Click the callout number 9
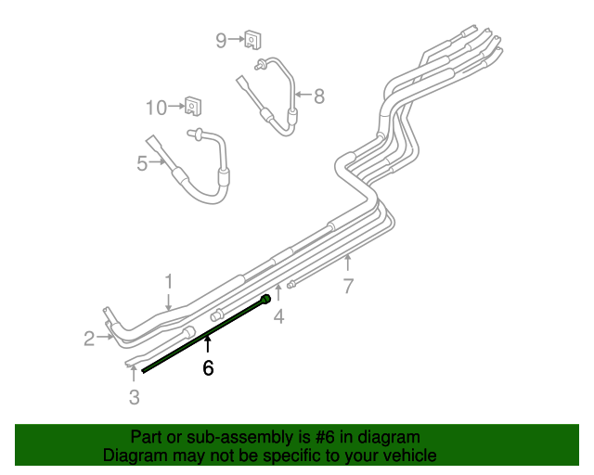tap(221, 40)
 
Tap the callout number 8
tap(319, 96)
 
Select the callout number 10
tap(156, 108)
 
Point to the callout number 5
tap(142, 163)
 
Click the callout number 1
tap(169, 280)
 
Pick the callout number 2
tap(89, 339)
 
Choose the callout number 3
tap(135, 398)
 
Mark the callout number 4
tap(278, 317)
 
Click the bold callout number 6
tap(208, 368)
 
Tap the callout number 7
tap(348, 286)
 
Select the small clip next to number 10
tap(193, 107)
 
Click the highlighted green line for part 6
tap(204, 334)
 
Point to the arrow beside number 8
tap(303, 95)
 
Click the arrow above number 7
tap(348, 263)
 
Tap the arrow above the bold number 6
tap(208, 348)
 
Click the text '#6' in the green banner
tap(311, 437)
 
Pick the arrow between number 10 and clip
tap(176, 108)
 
